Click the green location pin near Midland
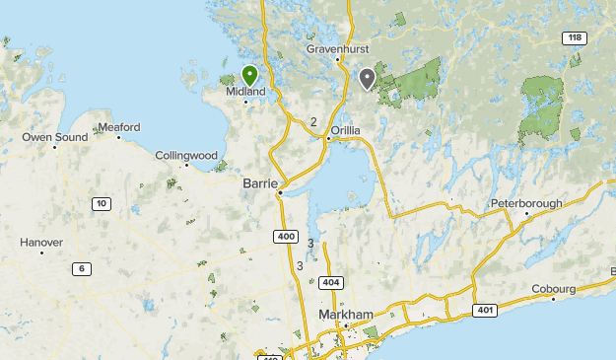[x=249, y=75]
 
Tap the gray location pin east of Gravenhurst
[x=368, y=78]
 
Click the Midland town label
[x=246, y=92]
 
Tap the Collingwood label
[x=186, y=155]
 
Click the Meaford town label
[x=119, y=127]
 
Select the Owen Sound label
[x=55, y=137]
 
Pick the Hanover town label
[x=41, y=242]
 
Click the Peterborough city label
[x=527, y=204]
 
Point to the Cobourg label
[x=554, y=289]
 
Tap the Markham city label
[x=347, y=315]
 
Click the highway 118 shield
[x=574, y=37]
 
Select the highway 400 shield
[x=286, y=237]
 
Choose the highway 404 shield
[x=330, y=283]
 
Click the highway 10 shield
[x=101, y=203]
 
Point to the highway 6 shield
[x=81, y=268]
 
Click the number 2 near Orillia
[x=313, y=122]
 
